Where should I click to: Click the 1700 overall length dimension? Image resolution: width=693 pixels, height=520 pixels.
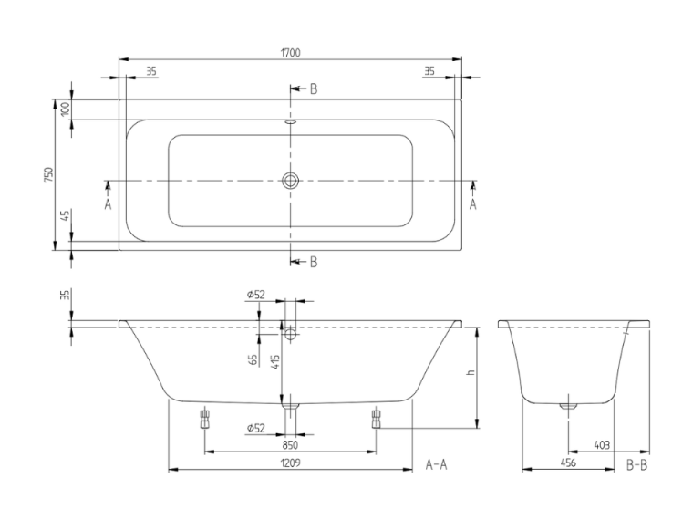tap(290, 54)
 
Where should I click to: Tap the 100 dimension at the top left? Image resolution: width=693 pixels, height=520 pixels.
tap(65, 109)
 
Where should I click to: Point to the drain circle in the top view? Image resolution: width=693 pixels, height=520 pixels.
tap(290, 181)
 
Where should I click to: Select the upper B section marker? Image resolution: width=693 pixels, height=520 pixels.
tap(313, 88)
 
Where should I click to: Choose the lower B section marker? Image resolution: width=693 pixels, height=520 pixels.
tap(313, 262)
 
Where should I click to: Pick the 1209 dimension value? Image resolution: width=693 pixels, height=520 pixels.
tap(290, 463)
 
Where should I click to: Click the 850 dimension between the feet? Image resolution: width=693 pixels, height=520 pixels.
tap(290, 445)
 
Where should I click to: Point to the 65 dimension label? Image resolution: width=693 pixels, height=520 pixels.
tap(253, 359)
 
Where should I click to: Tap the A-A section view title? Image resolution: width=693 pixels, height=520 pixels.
tap(437, 464)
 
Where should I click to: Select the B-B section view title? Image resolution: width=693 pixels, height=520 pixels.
tap(637, 464)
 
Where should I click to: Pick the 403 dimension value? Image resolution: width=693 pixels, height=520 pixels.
tap(601, 445)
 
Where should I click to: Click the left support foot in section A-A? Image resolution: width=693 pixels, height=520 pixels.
tap(203, 419)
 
